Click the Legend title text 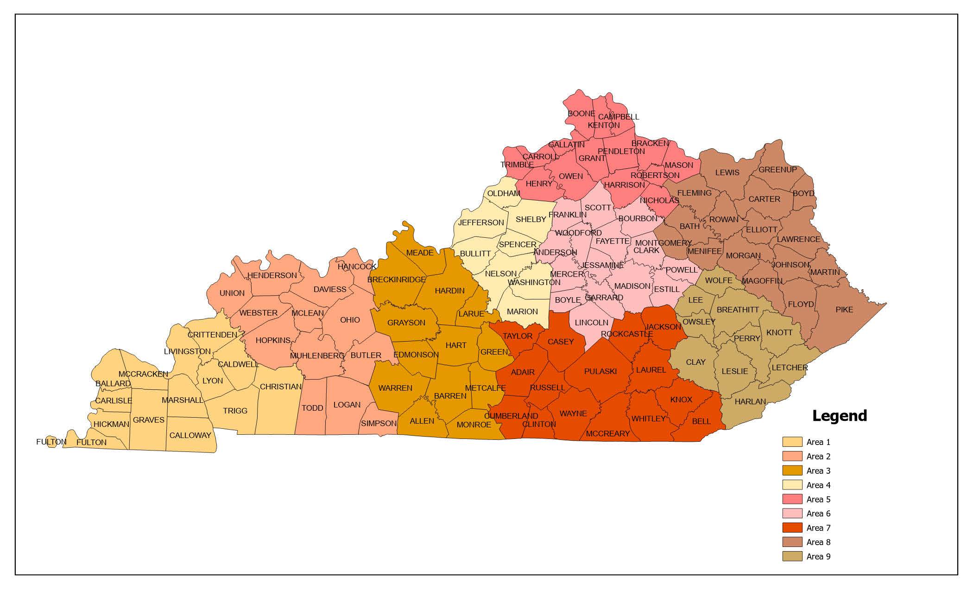(840, 416)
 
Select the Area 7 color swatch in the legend (792, 527)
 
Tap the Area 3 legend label (818, 471)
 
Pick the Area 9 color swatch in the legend (792, 556)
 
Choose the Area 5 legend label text (818, 499)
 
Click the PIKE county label (844, 310)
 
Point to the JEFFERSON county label (481, 222)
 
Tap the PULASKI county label (600, 371)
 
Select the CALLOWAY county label (190, 435)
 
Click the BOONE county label (581, 114)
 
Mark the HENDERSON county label (272, 275)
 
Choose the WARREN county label (395, 388)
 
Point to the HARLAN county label (750, 401)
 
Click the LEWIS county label (727, 172)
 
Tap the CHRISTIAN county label (280, 387)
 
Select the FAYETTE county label (613, 241)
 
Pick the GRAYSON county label (406, 323)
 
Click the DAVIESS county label (330, 289)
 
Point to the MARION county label (522, 311)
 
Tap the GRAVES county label (149, 420)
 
